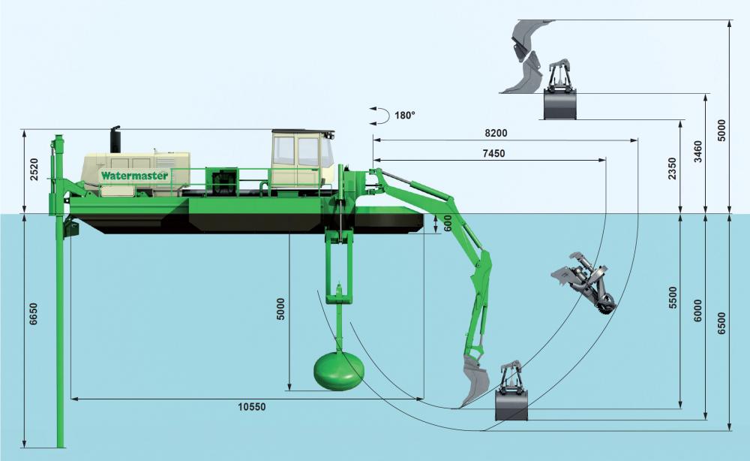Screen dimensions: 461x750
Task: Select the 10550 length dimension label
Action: pos(251,407)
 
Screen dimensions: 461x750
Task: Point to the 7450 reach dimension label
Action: pos(491,153)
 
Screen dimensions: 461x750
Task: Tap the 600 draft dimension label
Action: pos(448,223)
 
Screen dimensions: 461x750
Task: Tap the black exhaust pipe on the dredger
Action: pos(115,140)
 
